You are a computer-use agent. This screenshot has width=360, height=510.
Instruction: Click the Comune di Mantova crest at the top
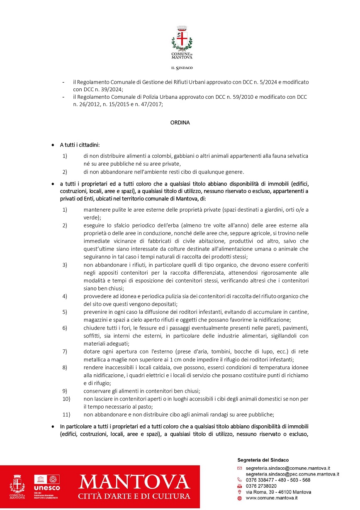[182, 38]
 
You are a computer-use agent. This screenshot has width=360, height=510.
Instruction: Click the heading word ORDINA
[180, 122]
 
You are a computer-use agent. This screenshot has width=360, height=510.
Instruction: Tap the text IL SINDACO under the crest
[182, 68]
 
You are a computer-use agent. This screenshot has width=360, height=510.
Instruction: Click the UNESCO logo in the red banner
[47, 484]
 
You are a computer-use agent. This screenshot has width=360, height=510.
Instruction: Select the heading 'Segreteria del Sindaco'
[263, 460]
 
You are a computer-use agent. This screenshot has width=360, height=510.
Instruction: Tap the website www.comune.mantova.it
[272, 498]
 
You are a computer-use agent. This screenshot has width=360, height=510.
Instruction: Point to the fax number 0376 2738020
[261, 486]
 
